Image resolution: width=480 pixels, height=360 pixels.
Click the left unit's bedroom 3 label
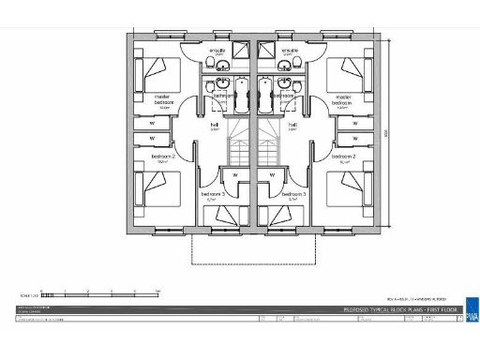213,195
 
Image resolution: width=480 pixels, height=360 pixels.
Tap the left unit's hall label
215,125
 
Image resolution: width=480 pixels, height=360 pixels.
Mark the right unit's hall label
293,125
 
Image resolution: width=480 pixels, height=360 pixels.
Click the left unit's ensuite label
217,52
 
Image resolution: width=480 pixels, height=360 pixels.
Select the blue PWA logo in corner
471,310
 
